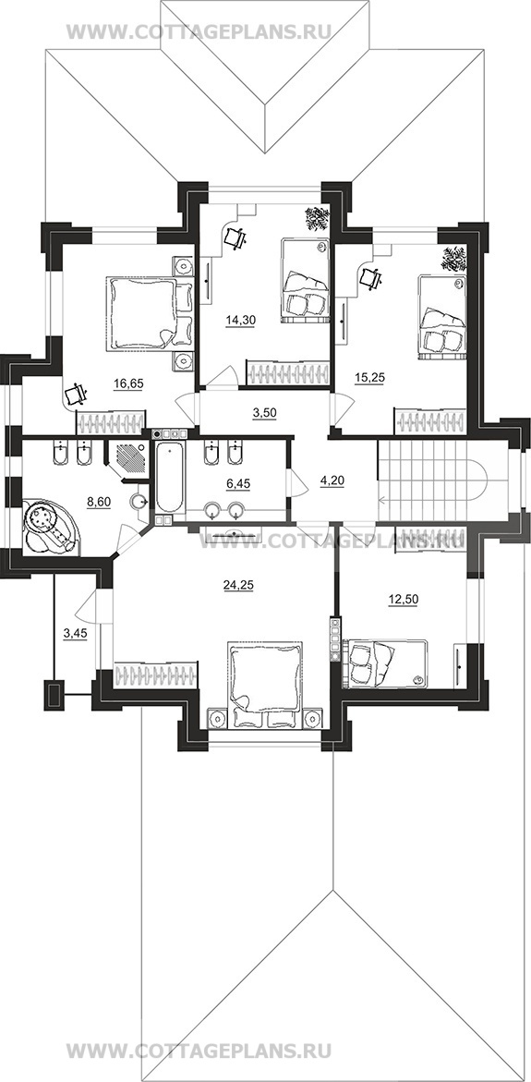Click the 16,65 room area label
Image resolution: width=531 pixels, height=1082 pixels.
click(129, 384)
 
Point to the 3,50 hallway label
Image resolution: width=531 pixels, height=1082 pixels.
click(261, 413)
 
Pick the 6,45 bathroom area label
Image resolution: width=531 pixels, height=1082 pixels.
click(236, 484)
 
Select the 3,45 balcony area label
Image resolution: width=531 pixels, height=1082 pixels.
click(75, 633)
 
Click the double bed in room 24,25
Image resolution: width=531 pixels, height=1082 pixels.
click(266, 684)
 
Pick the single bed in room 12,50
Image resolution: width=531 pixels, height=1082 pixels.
click(385, 663)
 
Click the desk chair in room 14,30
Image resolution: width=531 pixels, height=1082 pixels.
click(235, 238)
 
